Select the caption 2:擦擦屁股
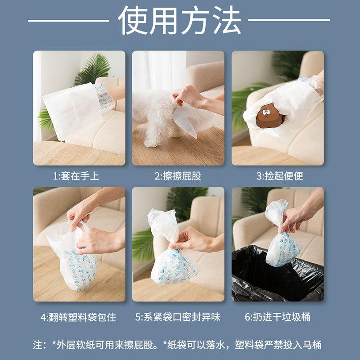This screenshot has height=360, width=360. (178, 176)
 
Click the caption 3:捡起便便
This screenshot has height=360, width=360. (277, 176)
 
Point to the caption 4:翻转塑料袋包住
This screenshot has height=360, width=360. (79, 317)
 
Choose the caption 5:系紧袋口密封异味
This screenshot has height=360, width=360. (178, 317)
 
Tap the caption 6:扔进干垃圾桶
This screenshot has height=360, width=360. (277, 317)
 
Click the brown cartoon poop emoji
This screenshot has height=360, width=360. (269, 117)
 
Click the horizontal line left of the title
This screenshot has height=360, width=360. (67, 20)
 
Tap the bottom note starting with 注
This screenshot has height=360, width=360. (178, 345)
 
